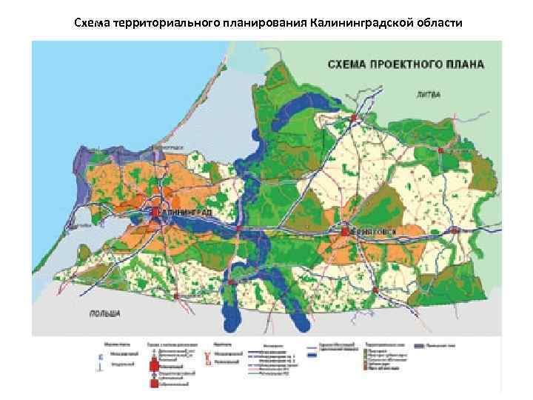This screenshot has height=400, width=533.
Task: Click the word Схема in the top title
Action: pyautogui.click(x=92, y=23)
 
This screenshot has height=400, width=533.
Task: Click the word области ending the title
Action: pyautogui.click(x=439, y=23)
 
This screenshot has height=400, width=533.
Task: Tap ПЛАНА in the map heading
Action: pyautogui.click(x=467, y=64)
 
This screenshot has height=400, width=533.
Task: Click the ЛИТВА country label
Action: pyautogui.click(x=428, y=96)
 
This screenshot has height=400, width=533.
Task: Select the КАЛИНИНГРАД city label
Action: pyautogui.click(x=185, y=213)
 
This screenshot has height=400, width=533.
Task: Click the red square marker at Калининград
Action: pyautogui.click(x=155, y=213)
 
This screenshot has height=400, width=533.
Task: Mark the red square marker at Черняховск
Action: pyautogui.click(x=345, y=233)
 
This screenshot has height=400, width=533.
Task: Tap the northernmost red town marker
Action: pyautogui.click(x=355, y=118)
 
